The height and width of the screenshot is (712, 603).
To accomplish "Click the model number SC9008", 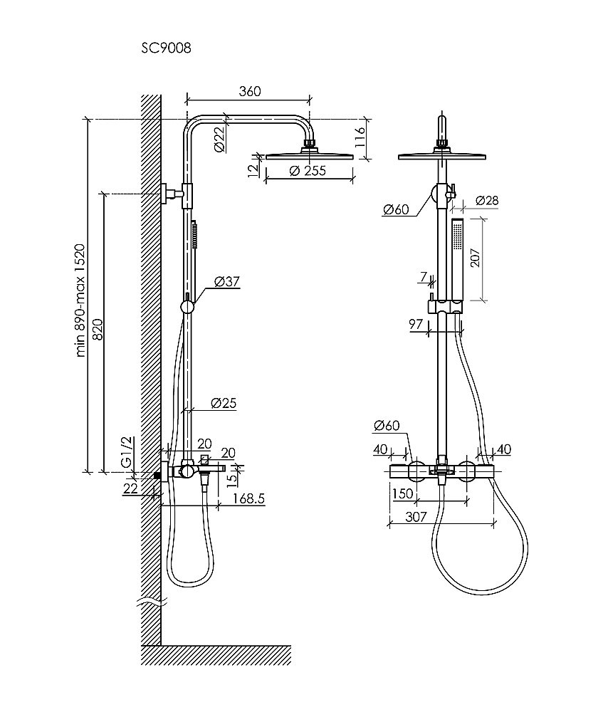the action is pyautogui.click(x=166, y=48).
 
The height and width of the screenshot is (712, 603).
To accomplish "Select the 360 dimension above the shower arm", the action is pyautogui.click(x=250, y=91).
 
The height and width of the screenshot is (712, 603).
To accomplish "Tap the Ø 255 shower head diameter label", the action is pyautogui.click(x=308, y=171).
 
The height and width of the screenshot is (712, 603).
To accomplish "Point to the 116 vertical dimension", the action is pyautogui.click(x=360, y=137).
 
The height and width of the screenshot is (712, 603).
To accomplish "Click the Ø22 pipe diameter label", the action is pyautogui.click(x=219, y=139).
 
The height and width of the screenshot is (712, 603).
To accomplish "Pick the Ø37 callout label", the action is pyautogui.click(x=226, y=281).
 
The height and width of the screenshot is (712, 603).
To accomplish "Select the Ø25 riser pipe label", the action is pyautogui.click(x=224, y=403).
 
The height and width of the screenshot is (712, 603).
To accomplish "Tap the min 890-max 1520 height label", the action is pyautogui.click(x=80, y=300).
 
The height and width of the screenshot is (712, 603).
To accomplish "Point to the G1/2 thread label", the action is pyautogui.click(x=127, y=451).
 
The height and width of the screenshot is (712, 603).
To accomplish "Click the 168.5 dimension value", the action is pyautogui.click(x=248, y=498).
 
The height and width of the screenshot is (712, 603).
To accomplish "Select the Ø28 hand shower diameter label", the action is pyautogui.click(x=487, y=200).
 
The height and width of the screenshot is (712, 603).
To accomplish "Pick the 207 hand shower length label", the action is pyautogui.click(x=475, y=258).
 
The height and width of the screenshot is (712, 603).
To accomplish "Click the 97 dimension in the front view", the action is pyautogui.click(x=416, y=324).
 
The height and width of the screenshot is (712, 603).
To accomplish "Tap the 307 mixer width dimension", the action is pyautogui.click(x=416, y=517).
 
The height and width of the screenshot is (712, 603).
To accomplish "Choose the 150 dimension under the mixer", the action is pyautogui.click(x=403, y=493).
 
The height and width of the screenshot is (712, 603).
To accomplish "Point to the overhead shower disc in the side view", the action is pyautogui.click(x=309, y=156).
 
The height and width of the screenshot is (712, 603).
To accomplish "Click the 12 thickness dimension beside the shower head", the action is pyautogui.click(x=253, y=170).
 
